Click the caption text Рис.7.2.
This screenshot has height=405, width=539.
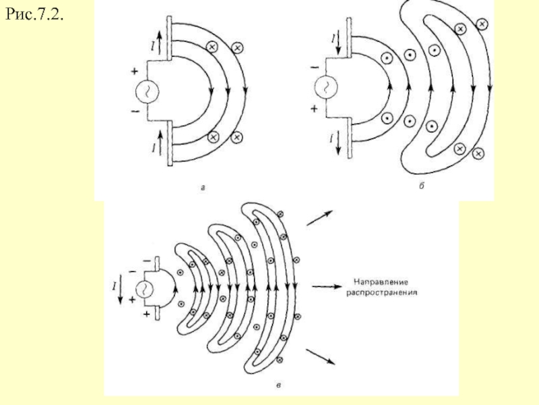point(34,14)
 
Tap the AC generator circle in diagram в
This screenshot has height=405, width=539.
point(144,289)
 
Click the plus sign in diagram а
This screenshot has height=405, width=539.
point(134,72)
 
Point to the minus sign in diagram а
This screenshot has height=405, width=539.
point(135,111)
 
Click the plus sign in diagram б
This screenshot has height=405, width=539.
point(314,109)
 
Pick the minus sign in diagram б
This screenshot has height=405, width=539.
point(315,68)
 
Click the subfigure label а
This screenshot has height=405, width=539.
point(203,188)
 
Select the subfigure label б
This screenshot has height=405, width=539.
point(422,186)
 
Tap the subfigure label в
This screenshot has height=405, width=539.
point(278,385)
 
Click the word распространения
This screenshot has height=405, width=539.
point(381,293)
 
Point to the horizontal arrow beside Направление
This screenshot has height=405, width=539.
point(327,286)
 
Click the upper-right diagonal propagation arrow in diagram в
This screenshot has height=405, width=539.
point(319,218)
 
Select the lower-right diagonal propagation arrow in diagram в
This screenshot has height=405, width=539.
point(321,357)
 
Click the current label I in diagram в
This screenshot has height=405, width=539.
point(114,286)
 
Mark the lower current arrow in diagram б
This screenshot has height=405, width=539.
point(338,143)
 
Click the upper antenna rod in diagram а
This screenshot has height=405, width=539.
point(169,38)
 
